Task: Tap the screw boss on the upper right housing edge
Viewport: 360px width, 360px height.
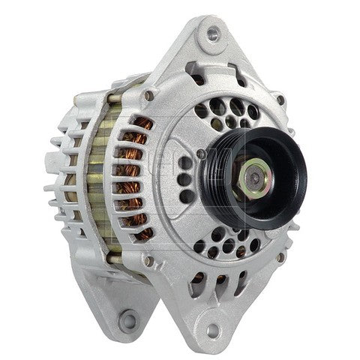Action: [279, 100]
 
